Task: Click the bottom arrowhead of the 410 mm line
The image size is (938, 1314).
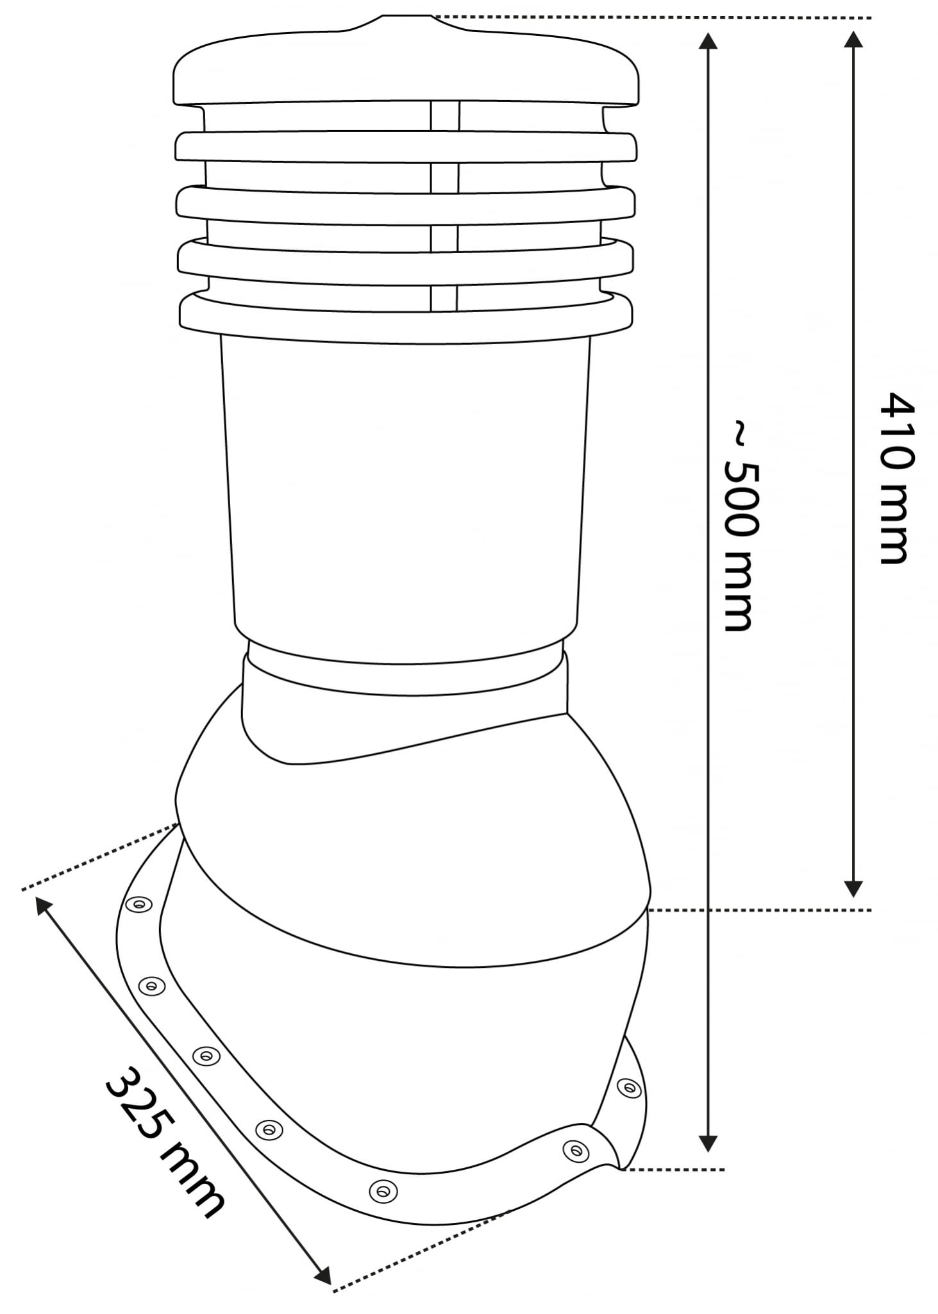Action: (x=852, y=888)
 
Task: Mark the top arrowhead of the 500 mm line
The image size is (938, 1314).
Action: (x=707, y=40)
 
